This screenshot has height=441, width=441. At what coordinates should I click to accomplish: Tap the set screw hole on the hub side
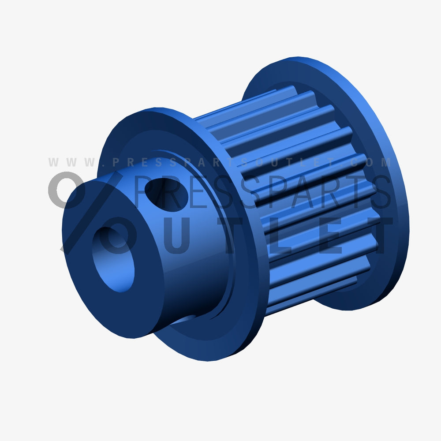pyautogui.click(x=166, y=194)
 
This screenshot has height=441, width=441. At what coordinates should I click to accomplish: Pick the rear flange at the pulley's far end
pyautogui.click(x=379, y=132)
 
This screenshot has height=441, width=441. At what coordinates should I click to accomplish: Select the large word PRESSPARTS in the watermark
pyautogui.click(x=260, y=192)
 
